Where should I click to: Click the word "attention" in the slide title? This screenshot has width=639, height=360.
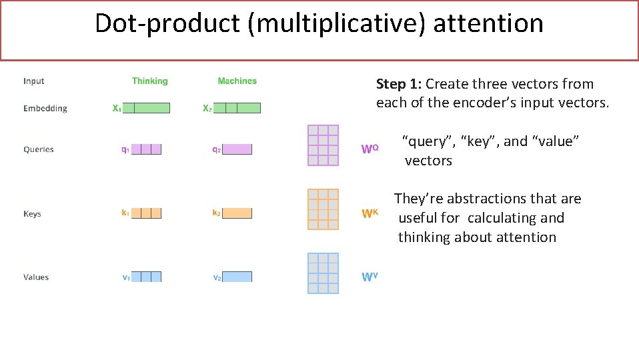[488, 23]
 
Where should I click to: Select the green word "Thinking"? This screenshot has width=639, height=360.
[149, 81]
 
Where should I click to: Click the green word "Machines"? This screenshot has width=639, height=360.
[237, 81]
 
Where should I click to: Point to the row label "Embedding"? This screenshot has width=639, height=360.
[45, 108]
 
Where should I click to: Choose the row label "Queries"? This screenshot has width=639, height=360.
[38, 149]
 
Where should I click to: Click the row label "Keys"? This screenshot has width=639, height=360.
[32, 214]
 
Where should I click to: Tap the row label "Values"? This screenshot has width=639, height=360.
[36, 277]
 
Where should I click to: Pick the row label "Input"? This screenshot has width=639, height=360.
[33, 81]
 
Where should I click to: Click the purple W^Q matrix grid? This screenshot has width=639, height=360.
[323, 145]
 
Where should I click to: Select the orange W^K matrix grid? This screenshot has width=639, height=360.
[323, 209]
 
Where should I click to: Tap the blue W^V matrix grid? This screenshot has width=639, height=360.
[323, 273]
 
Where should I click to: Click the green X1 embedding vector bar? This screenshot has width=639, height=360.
[147, 108]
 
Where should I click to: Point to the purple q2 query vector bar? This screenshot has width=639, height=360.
[237, 149]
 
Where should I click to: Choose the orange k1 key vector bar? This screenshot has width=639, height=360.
[147, 213]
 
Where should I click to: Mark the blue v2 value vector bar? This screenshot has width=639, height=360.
[237, 277]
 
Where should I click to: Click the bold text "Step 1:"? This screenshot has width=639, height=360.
[398, 84]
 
